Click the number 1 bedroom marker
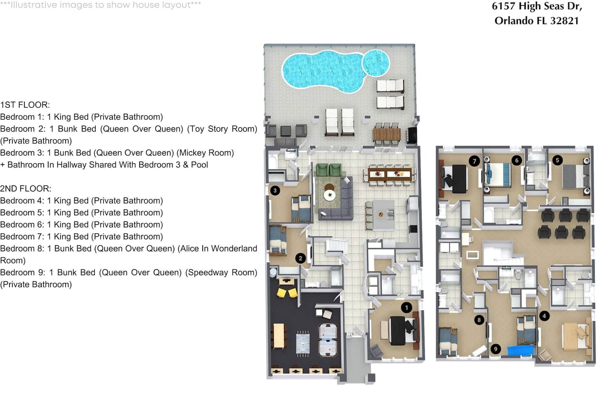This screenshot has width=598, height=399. pos(406,308)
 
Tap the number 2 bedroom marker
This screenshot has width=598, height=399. pos(300,258)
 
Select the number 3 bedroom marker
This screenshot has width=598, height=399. pos(275,190)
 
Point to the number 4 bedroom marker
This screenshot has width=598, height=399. pos(544,316)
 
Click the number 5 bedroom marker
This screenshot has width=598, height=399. pos(557,160)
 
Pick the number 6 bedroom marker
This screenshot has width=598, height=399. pos(517,160)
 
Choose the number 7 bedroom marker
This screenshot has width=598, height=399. pos(474,161)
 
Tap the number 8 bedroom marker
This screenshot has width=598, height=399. pos(479,320)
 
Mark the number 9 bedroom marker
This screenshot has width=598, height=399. pos(495,349)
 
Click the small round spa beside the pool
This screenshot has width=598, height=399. pos(375,63)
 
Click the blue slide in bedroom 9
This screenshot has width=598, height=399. pos(521,350)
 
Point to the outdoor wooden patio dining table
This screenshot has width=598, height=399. pos(387,134)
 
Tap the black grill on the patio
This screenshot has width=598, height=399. pos(412,135)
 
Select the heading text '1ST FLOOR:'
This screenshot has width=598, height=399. pos(25,105)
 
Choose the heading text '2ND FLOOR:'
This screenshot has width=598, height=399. pos(26,189)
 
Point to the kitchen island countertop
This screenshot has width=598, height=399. pos(384,215)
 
